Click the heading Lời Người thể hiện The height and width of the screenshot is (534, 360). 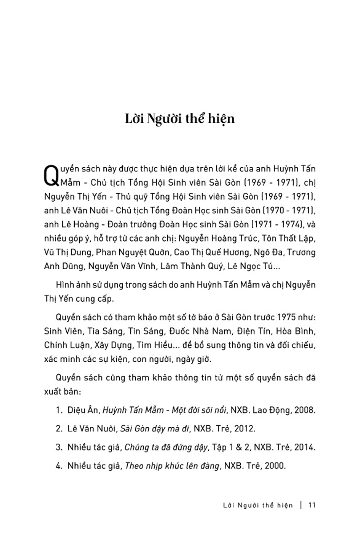pos(180,120)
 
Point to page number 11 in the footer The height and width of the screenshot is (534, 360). pos(311,505)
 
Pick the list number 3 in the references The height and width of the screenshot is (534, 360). pos(58,448)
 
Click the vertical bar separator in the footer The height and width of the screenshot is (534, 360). pos(302,505)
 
